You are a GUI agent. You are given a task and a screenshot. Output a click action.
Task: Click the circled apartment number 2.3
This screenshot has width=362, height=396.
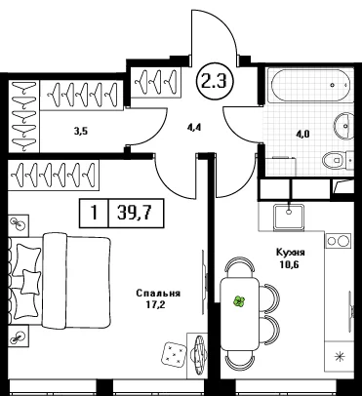(x=214, y=81)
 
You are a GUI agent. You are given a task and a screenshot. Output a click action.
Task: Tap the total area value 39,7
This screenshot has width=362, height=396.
(x=136, y=214)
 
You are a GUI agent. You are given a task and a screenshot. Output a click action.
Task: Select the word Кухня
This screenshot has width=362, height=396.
(x=291, y=253)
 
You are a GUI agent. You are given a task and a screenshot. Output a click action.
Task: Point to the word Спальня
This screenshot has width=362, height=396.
(x=158, y=294)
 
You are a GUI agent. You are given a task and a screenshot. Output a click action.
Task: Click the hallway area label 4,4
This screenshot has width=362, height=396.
(x=194, y=127)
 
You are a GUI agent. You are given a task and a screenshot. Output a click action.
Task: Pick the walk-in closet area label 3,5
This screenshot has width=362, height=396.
(x=81, y=132)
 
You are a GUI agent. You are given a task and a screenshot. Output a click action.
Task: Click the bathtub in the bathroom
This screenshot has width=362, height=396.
(x=309, y=85)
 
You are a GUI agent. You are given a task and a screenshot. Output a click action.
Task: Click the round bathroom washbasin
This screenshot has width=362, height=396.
(x=344, y=125)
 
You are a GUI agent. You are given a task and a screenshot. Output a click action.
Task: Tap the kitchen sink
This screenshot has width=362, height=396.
(x=289, y=218)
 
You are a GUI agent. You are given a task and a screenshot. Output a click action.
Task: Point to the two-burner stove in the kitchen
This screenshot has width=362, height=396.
(x=338, y=241)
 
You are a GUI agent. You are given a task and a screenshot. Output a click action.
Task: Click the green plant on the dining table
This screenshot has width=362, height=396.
(x=239, y=301)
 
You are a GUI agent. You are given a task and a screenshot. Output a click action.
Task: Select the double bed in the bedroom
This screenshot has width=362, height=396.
(x=60, y=280)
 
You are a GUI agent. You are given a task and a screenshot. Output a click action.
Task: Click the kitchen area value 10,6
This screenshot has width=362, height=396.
(x=288, y=264)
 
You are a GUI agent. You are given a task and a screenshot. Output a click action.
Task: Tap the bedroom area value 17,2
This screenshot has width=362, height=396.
(x=153, y=304)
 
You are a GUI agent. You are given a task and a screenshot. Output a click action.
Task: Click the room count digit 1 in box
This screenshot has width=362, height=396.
(x=95, y=214)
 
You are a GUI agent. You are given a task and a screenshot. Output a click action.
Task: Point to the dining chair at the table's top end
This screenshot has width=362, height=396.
(x=240, y=266)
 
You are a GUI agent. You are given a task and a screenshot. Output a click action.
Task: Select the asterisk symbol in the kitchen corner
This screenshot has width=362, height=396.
(x=340, y=357)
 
